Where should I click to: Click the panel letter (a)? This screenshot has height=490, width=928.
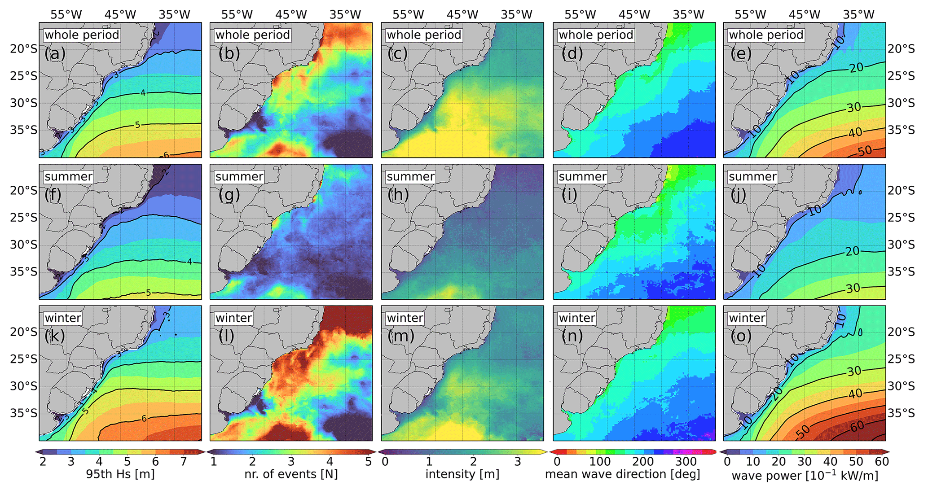(55, 54)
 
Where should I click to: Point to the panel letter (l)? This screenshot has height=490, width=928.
(226, 337)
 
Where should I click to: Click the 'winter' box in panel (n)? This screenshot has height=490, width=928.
(577, 318)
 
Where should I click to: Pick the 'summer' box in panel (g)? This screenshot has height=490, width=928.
(239, 176)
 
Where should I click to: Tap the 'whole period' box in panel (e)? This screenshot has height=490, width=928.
(766, 35)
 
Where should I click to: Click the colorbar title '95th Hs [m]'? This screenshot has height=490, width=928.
(120, 474)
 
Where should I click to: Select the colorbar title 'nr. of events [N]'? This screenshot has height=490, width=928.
(291, 474)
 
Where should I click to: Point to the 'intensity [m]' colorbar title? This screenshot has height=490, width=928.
(462, 474)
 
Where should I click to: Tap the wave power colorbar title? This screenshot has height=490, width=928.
(805, 475)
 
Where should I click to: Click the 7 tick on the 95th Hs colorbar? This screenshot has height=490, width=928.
(183, 461)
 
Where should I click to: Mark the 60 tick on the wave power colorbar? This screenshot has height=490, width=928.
(882, 461)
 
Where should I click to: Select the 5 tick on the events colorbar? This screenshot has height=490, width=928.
(368, 461)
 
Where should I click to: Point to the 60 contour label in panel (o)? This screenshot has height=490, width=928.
(857, 426)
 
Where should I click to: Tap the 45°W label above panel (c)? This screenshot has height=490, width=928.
(462, 15)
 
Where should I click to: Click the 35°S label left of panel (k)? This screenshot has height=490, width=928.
(24, 413)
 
